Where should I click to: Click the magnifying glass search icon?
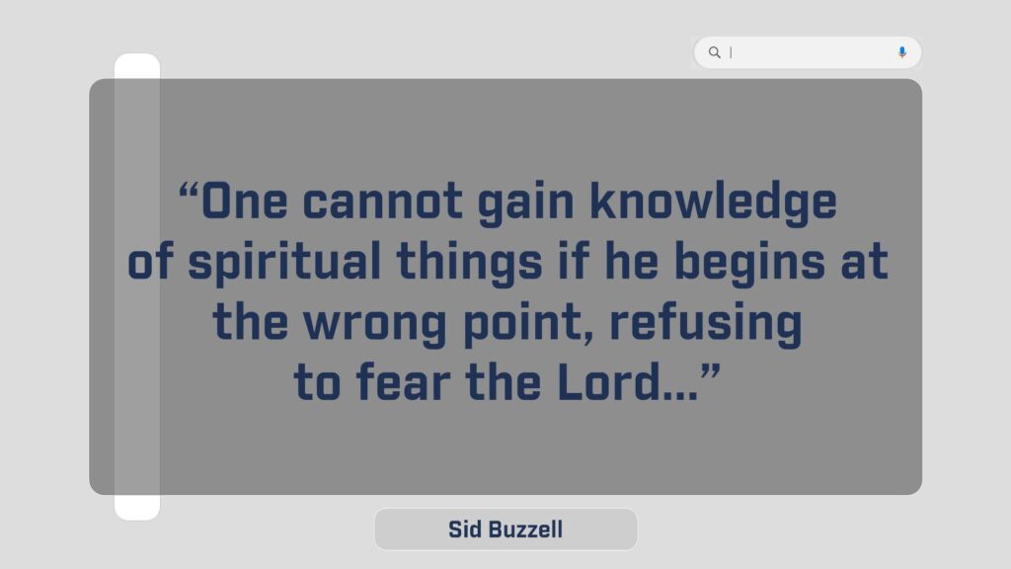pyautogui.click(x=715, y=52)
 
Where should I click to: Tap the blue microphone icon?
pyautogui.click(x=902, y=52)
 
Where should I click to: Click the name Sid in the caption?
pyautogui.click(x=464, y=529)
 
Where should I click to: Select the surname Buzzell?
pyautogui.click(x=524, y=529)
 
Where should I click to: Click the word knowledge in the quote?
pyautogui.click(x=713, y=202)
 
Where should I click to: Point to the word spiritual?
pyautogui.click(x=283, y=262)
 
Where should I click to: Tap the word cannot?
pyautogui.click(x=382, y=202)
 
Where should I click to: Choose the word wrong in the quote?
pyautogui.click(x=374, y=324)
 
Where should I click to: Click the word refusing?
pyautogui.click(x=705, y=322)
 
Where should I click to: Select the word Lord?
pyautogui.click(x=609, y=382)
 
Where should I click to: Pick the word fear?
pyautogui.click(x=403, y=382)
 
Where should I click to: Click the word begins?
pyautogui.click(x=749, y=262)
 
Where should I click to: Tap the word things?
pyautogui.click(x=469, y=262)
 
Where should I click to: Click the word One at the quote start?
pyautogui.click(x=245, y=202)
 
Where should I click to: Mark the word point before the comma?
pyautogui.click(x=523, y=323)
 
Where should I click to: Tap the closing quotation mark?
pyautogui.click(x=711, y=371)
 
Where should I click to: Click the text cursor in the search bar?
pyautogui.click(x=731, y=52)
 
